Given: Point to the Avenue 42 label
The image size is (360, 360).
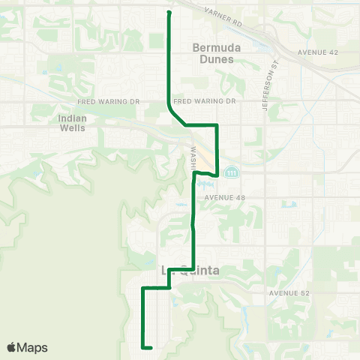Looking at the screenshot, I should click(319, 52).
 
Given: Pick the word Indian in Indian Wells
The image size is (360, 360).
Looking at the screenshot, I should click(73, 118).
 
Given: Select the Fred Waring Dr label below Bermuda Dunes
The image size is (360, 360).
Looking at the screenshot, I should click(204, 100).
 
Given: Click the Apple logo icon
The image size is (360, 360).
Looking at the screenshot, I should click(11, 347).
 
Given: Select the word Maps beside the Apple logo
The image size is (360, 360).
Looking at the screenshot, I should click(33, 347).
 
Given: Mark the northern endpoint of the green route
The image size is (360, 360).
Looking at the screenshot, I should click(168, 13).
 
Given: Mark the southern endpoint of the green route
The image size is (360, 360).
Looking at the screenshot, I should click(151, 347).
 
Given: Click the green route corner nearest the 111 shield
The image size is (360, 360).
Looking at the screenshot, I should click(217, 175).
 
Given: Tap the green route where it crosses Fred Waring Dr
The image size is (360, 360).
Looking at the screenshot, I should click(167, 100).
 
